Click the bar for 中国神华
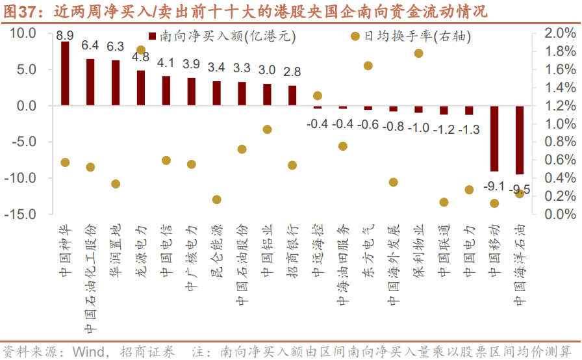pyautogui.click(x=65, y=73)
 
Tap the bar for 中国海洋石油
pyautogui.click(x=520, y=140)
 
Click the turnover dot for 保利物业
pyautogui.click(x=418, y=53)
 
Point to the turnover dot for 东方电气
pyautogui.click(x=368, y=66)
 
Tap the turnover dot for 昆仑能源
pyautogui.click(x=216, y=199)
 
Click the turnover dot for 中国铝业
pyautogui.click(x=267, y=129)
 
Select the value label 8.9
pyautogui.click(x=65, y=35)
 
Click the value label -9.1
pyautogui.click(x=494, y=186)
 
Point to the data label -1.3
pyautogui.click(x=469, y=130)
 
